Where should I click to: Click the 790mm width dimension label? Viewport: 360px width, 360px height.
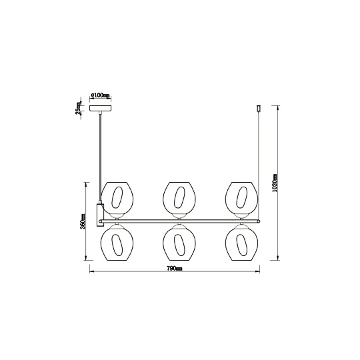coord(175,268)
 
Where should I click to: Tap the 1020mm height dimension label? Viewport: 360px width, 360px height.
coord(275,183)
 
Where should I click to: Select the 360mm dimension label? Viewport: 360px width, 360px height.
coord(83,221)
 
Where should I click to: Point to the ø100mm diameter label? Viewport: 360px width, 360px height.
coord(100,95)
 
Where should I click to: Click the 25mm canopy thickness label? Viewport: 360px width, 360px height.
coord(79,108)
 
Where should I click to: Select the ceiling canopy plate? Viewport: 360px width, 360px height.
coord(100,109)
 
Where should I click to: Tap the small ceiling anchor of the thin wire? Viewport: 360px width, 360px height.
coord(259,108)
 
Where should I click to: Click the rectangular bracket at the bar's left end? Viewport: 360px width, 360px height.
coord(100,215)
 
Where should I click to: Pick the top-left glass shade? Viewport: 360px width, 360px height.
coord(117,198)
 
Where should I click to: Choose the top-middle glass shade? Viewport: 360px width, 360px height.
coord(179,198)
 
